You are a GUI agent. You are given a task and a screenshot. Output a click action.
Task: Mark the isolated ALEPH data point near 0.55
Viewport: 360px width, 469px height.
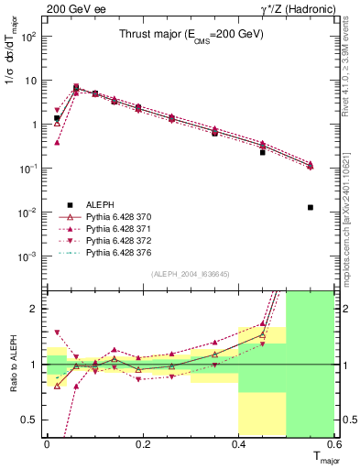click(311, 207)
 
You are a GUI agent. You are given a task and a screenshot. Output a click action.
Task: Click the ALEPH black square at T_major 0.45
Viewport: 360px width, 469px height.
click(263, 152)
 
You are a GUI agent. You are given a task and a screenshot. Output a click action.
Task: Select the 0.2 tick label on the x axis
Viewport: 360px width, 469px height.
click(142, 444)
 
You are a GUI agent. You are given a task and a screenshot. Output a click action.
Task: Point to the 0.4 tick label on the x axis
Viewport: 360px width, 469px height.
click(238, 444)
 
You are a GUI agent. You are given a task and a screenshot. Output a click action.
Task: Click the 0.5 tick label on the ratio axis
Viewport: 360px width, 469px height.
click(29, 420)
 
